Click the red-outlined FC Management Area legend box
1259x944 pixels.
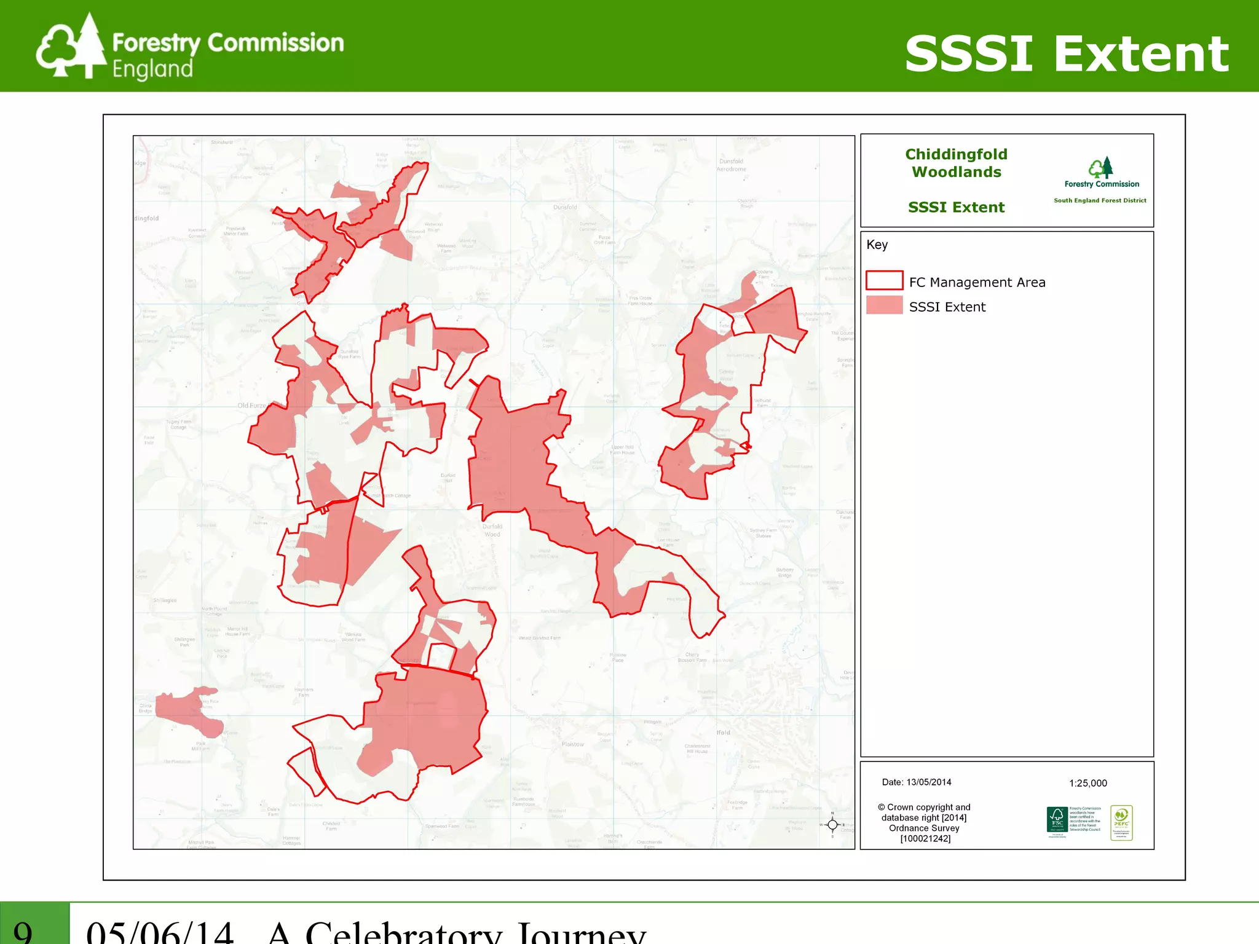pyautogui.click(x=884, y=280)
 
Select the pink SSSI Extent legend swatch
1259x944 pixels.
pyautogui.click(x=884, y=305)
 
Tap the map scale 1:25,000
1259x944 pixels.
pyautogui.click(x=1087, y=783)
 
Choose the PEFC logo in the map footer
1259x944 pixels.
pyautogui.click(x=1121, y=822)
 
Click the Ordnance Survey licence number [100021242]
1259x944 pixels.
pyautogui.click(x=925, y=838)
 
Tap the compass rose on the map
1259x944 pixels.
pyautogui.click(x=832, y=825)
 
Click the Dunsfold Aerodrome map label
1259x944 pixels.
pyautogui.click(x=731, y=165)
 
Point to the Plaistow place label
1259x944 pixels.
pyautogui.click(x=572, y=744)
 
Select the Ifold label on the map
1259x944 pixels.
pyautogui.click(x=723, y=733)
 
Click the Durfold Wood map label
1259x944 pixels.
pyautogui.click(x=492, y=530)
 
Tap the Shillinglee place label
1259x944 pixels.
pyautogui.click(x=165, y=600)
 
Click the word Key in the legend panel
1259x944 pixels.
pyautogui.click(x=877, y=245)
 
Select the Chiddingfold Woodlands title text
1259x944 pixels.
pyautogui.click(x=956, y=163)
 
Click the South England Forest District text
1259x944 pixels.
pyautogui.click(x=1099, y=200)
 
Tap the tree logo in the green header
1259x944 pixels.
pyautogui.click(x=71, y=47)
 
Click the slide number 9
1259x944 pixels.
pyautogui.click(x=23, y=930)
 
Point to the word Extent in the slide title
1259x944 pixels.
pyautogui.click(x=1141, y=54)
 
